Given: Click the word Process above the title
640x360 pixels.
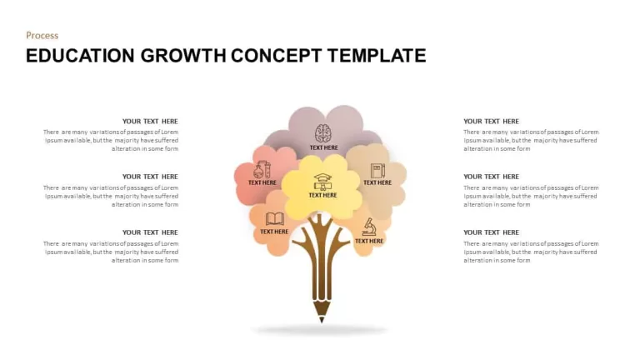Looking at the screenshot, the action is point(42,36).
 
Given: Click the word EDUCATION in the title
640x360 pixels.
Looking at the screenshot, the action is point(80,56).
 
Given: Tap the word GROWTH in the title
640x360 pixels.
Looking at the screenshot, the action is point(183,56).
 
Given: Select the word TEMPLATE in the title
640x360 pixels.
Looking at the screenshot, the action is point(377,56).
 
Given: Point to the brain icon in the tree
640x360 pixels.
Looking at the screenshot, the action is point(323,133).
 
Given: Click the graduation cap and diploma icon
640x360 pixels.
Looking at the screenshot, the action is point(322,182).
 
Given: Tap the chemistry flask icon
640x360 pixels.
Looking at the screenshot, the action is point(262,169).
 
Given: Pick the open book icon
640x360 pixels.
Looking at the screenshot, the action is point(275,219).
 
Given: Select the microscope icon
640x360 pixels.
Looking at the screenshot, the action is point(369,227).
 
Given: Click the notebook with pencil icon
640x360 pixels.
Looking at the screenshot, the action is point(377,171).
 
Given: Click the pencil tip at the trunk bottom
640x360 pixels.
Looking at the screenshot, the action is point(322,320).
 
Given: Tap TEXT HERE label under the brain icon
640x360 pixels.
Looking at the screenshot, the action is point(323,147).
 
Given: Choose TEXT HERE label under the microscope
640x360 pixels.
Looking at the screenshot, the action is point(369,241).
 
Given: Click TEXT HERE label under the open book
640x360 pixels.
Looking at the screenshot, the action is point(274,232).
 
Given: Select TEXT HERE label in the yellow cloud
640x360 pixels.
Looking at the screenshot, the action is point(322,196).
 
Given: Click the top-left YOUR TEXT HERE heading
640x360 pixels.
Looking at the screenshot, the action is point(150,121).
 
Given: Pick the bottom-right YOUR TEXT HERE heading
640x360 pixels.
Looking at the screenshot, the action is point(491,232).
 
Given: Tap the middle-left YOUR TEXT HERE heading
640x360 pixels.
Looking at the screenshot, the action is point(150,177).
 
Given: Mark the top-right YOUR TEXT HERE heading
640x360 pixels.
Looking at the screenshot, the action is point(491,121).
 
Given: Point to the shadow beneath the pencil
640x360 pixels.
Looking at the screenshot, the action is point(320,330).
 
